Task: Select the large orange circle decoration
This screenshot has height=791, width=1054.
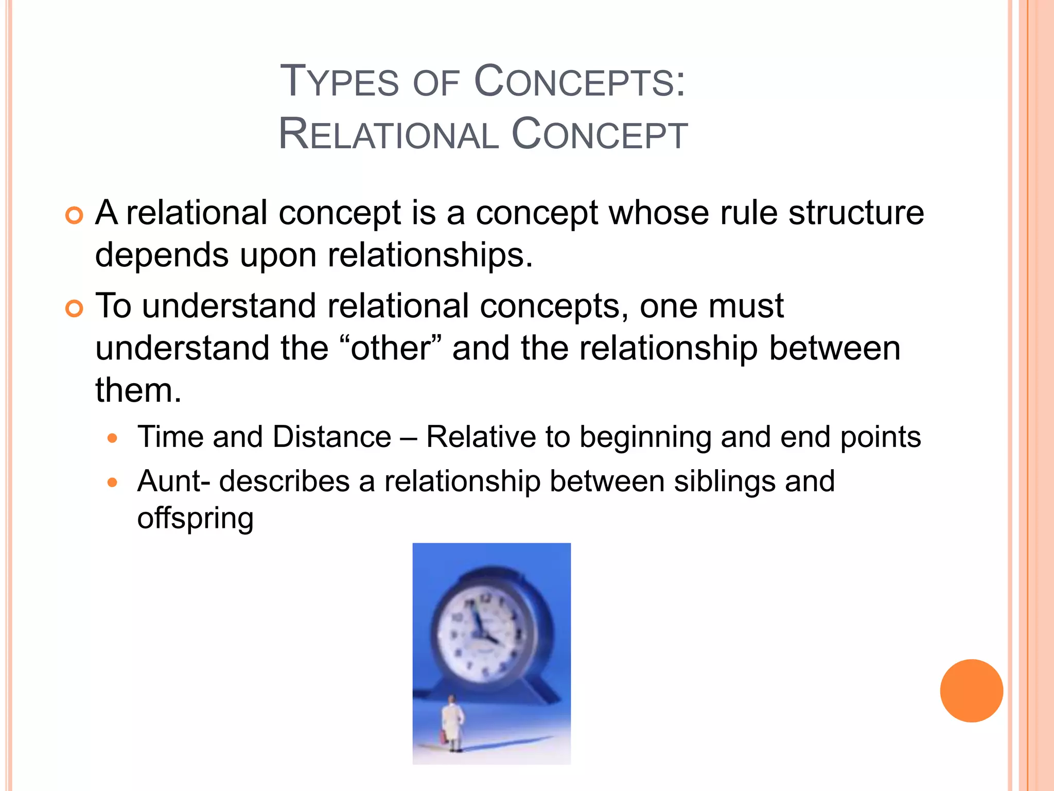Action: pyautogui.click(x=971, y=691)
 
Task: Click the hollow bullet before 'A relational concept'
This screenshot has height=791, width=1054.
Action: pyautogui.click(x=74, y=216)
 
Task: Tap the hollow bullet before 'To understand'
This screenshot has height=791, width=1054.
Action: pyautogui.click(x=74, y=309)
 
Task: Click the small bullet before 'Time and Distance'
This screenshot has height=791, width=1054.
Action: pyautogui.click(x=113, y=439)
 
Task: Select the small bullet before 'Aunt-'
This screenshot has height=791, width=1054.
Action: pyautogui.click(x=113, y=483)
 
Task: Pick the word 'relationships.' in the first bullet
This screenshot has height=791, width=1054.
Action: pyautogui.click(x=430, y=255)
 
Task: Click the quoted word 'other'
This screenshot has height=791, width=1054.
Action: pyautogui.click(x=390, y=349)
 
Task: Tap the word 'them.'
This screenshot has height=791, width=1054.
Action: pyautogui.click(x=138, y=390)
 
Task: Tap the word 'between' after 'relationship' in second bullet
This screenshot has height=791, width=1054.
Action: pyautogui.click(x=834, y=349)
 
